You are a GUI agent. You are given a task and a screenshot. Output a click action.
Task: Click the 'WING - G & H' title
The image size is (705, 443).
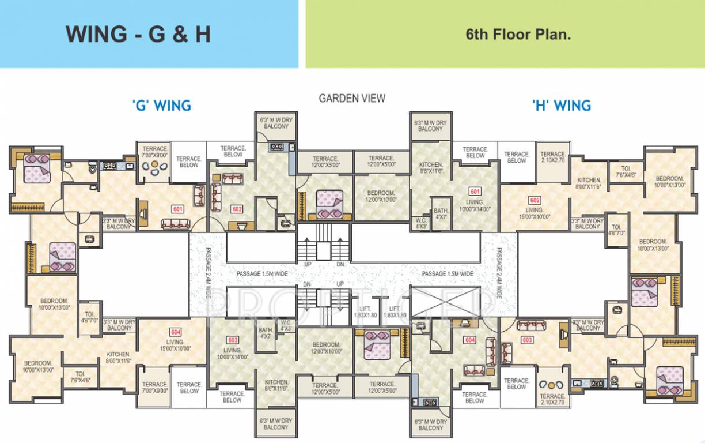point(138,34)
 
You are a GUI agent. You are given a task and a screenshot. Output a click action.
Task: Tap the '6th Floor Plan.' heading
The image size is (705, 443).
point(518,34)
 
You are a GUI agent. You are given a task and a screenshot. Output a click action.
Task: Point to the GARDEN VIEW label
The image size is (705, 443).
point(352,99)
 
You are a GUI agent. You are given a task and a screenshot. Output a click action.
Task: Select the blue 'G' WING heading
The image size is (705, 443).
point(161,106)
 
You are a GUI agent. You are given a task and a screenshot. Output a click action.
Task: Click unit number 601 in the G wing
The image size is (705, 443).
point(177,209)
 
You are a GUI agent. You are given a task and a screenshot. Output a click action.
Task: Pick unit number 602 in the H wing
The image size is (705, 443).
point(535,200)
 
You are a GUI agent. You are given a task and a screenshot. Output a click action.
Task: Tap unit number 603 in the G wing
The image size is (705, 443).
point(233,340)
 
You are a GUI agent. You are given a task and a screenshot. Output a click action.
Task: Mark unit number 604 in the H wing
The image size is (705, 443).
point(470,340)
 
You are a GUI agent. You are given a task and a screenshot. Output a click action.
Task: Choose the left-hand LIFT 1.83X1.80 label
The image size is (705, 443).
point(365,312)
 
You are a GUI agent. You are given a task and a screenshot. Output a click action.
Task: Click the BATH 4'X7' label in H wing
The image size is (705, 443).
point(441,214)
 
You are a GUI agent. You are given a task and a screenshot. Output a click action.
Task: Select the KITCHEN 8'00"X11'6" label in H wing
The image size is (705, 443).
point(589,183)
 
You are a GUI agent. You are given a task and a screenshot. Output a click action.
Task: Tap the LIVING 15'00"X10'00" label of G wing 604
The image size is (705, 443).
point(176,344)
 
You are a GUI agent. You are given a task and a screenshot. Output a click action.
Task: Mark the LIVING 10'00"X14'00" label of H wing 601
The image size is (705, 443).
point(475,205)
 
